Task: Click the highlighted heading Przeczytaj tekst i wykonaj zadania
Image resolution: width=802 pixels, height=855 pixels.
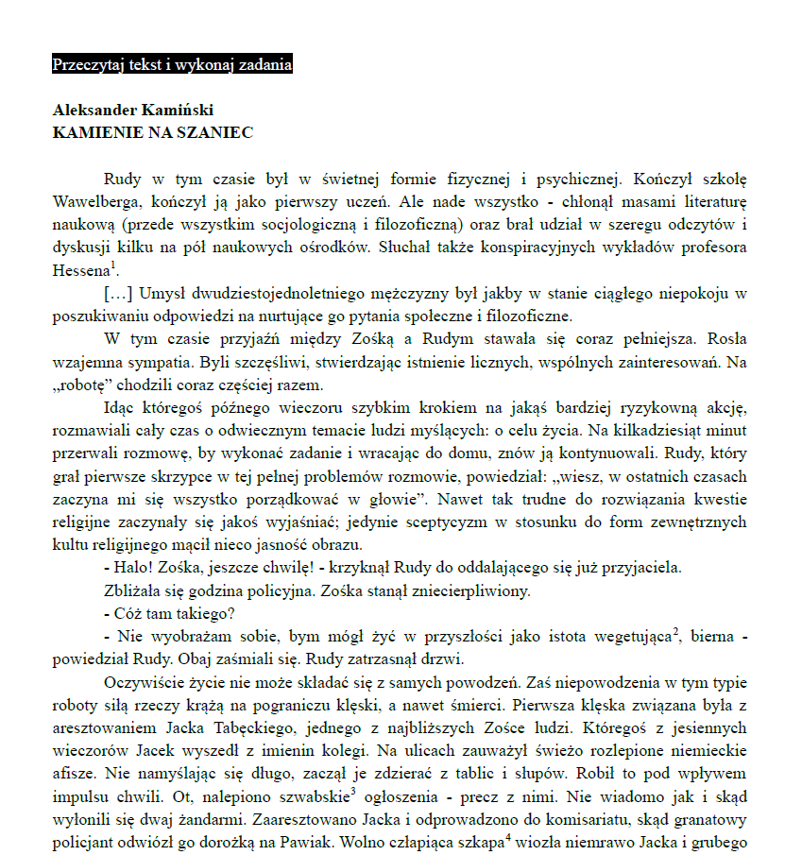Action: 172,65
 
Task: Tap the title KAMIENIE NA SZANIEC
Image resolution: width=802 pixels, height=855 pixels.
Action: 152,133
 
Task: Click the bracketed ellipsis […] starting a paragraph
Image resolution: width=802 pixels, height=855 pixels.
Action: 119,294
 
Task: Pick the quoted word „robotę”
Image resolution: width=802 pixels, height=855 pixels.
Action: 83,385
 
